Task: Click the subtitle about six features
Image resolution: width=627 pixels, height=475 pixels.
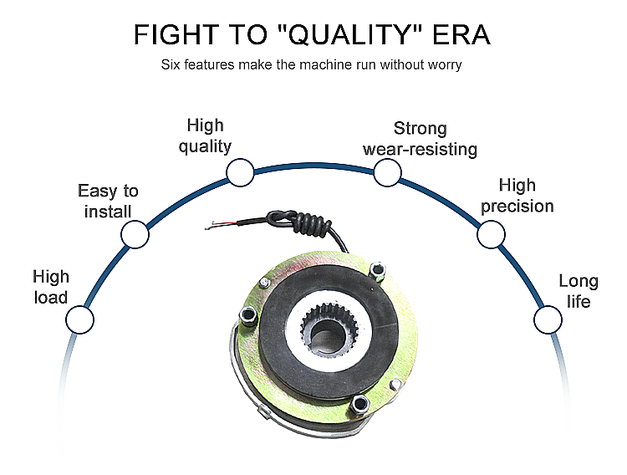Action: [313, 64]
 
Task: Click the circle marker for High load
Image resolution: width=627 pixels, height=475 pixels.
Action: [79, 319]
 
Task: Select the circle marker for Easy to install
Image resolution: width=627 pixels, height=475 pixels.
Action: [135, 235]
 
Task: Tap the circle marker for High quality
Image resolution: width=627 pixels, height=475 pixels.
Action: [240, 173]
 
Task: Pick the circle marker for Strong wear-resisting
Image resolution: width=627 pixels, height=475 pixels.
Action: [386, 173]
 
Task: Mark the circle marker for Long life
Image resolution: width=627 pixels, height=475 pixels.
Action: [548, 319]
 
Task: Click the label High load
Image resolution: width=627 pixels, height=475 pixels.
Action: [51, 287]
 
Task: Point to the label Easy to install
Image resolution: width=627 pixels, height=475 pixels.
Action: [108, 202]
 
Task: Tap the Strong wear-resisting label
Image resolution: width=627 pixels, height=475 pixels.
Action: [420, 139]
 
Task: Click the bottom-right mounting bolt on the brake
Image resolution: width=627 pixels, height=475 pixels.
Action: [360, 405]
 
